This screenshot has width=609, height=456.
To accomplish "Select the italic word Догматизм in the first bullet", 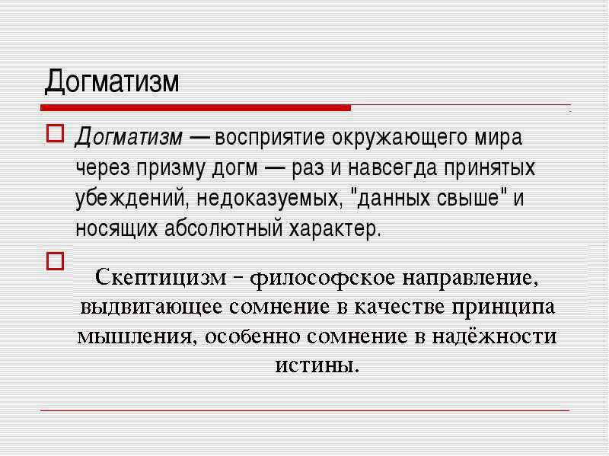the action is tap(129, 138).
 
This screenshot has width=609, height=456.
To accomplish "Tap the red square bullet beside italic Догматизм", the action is tap(55, 133).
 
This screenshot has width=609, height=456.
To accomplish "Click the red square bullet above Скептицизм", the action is tap(55, 261).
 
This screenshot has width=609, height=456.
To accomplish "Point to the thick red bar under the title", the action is tap(196, 107).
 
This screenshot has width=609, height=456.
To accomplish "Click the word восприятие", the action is tap(269, 139).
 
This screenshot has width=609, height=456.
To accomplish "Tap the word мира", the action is tap(499, 139).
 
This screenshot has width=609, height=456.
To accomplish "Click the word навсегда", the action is tap(392, 168).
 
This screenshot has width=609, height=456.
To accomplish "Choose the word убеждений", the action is tap(132, 198).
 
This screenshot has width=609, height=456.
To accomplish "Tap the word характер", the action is tap(333, 229).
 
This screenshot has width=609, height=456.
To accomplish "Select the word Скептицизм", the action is tap(161, 278).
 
